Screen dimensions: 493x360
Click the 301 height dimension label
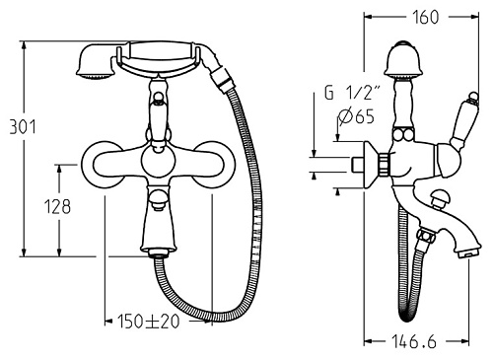pyautogui.click(x=23, y=127)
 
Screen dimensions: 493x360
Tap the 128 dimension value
pyautogui.click(x=57, y=207)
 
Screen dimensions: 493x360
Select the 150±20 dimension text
pyautogui.click(x=148, y=322)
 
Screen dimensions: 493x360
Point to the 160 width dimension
pyautogui.click(x=425, y=17)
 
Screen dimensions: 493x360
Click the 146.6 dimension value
pyautogui.click(x=414, y=341)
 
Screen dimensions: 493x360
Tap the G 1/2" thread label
pyautogui.click(x=353, y=93)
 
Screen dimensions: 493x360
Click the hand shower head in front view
pyautogui.click(x=95, y=61)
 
